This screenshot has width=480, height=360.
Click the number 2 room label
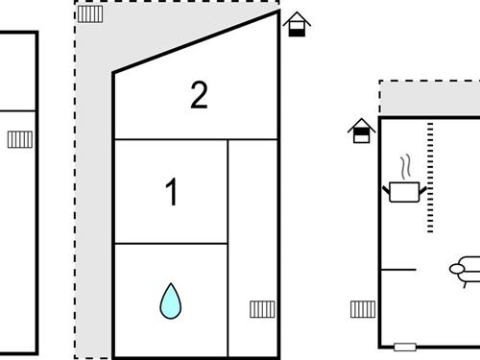[199, 95]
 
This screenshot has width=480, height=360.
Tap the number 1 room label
[172, 192]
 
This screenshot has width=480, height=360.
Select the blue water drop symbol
[171, 301]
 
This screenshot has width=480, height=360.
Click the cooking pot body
[404, 192]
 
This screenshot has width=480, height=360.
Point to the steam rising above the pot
[405, 167]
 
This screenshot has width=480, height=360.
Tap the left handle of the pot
[386, 190]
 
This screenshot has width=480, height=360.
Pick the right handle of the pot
[422, 190]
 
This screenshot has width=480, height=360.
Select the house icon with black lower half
[297, 24]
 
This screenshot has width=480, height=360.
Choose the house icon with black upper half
[361, 131]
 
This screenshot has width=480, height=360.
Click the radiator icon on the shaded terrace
[90, 14]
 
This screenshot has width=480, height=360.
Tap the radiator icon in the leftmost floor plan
[20, 139]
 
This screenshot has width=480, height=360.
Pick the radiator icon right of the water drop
[262, 309]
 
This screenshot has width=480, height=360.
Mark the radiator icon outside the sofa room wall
[363, 309]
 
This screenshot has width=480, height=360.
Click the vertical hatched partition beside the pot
[430, 178]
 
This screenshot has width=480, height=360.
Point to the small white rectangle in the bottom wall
[405, 347]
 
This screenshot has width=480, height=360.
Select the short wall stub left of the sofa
[398, 270]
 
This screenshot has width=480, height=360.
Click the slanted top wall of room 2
[196, 42]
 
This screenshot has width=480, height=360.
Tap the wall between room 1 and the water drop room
[171, 244]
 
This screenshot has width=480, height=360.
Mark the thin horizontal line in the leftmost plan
[17, 111]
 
